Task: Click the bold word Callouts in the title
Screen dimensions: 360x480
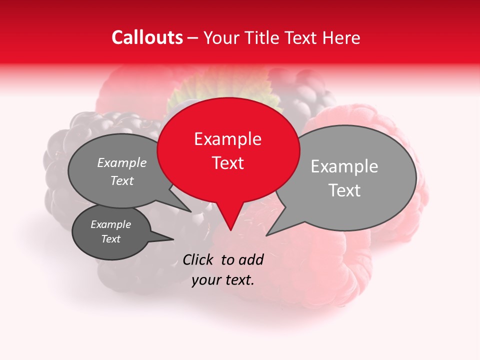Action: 147,37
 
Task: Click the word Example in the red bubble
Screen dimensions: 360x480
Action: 227,139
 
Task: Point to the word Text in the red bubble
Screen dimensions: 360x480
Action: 228,163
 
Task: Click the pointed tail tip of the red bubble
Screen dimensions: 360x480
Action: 230,230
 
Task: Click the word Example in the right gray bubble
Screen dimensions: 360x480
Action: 344,166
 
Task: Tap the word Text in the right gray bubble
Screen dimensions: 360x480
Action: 344,190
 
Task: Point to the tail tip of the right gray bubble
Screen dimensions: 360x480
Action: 267,235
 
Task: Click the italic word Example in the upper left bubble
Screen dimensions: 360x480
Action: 122,163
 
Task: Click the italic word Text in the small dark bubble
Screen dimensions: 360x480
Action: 111,239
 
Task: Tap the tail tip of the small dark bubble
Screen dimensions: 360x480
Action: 173,239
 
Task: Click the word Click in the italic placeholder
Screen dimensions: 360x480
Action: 198,259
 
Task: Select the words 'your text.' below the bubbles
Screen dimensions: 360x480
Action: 223,280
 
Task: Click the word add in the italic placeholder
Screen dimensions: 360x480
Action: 251,259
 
